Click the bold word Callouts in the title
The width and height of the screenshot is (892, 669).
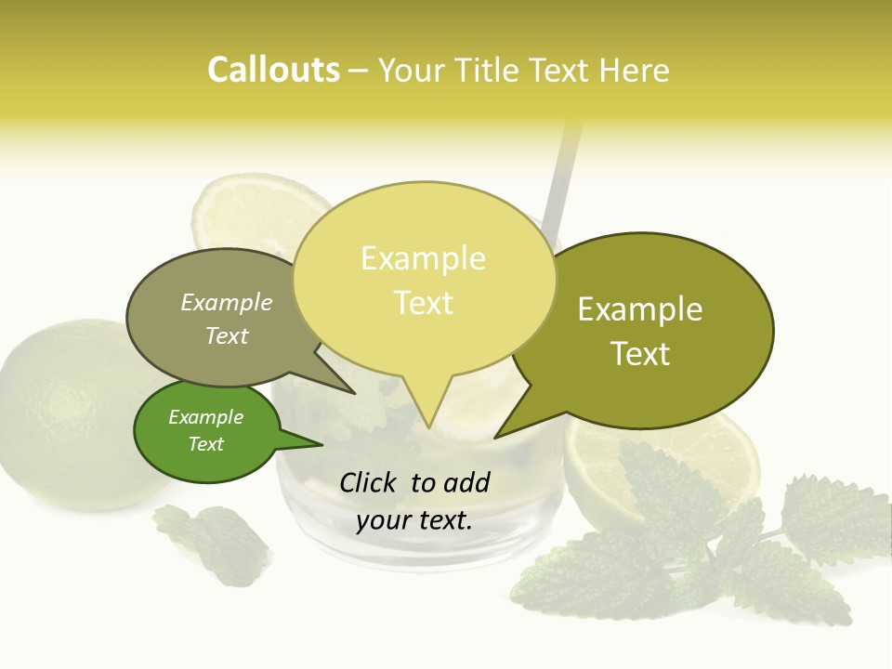coord(273,70)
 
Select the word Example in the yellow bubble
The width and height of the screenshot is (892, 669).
coord(423,258)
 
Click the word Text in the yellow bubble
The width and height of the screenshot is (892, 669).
coord(423,302)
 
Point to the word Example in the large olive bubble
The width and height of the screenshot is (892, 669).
coord(640,308)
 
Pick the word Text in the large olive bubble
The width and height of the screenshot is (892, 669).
coord(640,353)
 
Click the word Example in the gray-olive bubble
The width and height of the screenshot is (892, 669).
coord(226,302)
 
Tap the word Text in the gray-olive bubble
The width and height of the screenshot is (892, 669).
coord(226,335)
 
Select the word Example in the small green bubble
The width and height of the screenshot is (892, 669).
coord(205,417)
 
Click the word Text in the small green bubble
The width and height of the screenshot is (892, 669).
coord(205,444)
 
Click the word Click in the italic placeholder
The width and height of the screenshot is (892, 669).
coord(370,482)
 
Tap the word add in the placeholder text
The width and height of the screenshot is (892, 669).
coord(466,482)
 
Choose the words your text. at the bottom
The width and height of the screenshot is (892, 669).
coord(413,520)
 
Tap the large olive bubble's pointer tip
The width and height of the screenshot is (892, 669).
coord(496,437)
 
